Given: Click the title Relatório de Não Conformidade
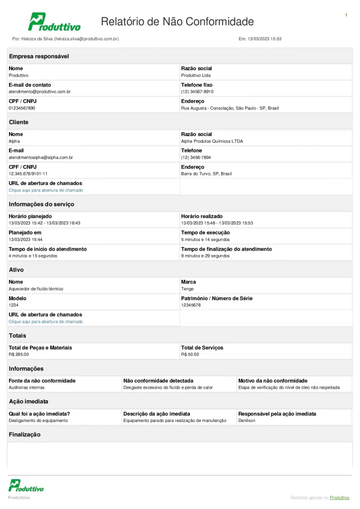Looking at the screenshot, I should [x=177, y=21].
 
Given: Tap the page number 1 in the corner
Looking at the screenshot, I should [x=346, y=15].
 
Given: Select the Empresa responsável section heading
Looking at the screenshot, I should [x=39, y=56].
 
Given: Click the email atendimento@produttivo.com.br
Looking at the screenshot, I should [x=40, y=91].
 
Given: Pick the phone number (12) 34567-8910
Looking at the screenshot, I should [x=197, y=91].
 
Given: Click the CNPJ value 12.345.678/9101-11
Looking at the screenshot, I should [x=28, y=174].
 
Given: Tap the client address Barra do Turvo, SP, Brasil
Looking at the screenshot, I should [x=206, y=174].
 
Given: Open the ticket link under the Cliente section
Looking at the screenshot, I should [x=46, y=190].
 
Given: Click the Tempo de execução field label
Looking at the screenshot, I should [x=205, y=233].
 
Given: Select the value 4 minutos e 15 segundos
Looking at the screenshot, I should [x=33, y=256].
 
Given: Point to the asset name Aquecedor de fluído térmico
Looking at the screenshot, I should [x=36, y=289].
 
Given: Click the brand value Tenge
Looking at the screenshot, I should [x=187, y=289].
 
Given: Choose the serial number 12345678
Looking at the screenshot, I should [x=191, y=305].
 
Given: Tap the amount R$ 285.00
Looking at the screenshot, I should [x=19, y=354].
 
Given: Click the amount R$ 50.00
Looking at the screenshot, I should [x=190, y=354].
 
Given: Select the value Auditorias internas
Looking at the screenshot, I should [x=27, y=387].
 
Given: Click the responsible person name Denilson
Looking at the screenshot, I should [x=247, y=421].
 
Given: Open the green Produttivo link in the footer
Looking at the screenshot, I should [x=340, y=498].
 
